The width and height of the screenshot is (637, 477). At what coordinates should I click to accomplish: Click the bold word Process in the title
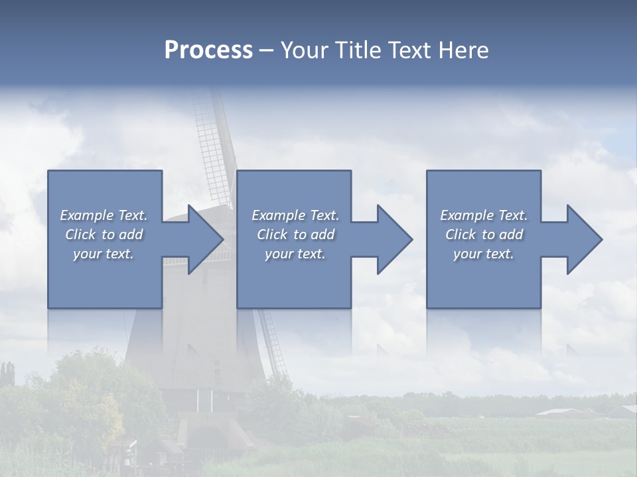208,50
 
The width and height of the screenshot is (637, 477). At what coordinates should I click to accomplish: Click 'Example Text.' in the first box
104,215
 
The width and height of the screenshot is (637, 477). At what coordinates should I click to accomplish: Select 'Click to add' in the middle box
295,235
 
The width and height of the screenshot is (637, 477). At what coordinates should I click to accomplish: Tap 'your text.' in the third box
484,254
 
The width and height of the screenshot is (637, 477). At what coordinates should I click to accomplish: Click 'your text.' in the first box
104,254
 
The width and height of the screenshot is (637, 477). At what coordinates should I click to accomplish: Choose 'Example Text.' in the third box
484,215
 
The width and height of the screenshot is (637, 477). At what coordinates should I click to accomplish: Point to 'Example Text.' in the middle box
295,215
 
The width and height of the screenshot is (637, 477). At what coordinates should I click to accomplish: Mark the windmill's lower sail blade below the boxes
273,341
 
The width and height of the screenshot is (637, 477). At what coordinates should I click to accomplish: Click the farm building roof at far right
561,413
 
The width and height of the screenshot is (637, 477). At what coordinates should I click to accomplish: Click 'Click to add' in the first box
104,235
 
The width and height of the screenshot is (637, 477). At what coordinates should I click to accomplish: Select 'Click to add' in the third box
484,235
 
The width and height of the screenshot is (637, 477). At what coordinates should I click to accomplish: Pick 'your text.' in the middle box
295,254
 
